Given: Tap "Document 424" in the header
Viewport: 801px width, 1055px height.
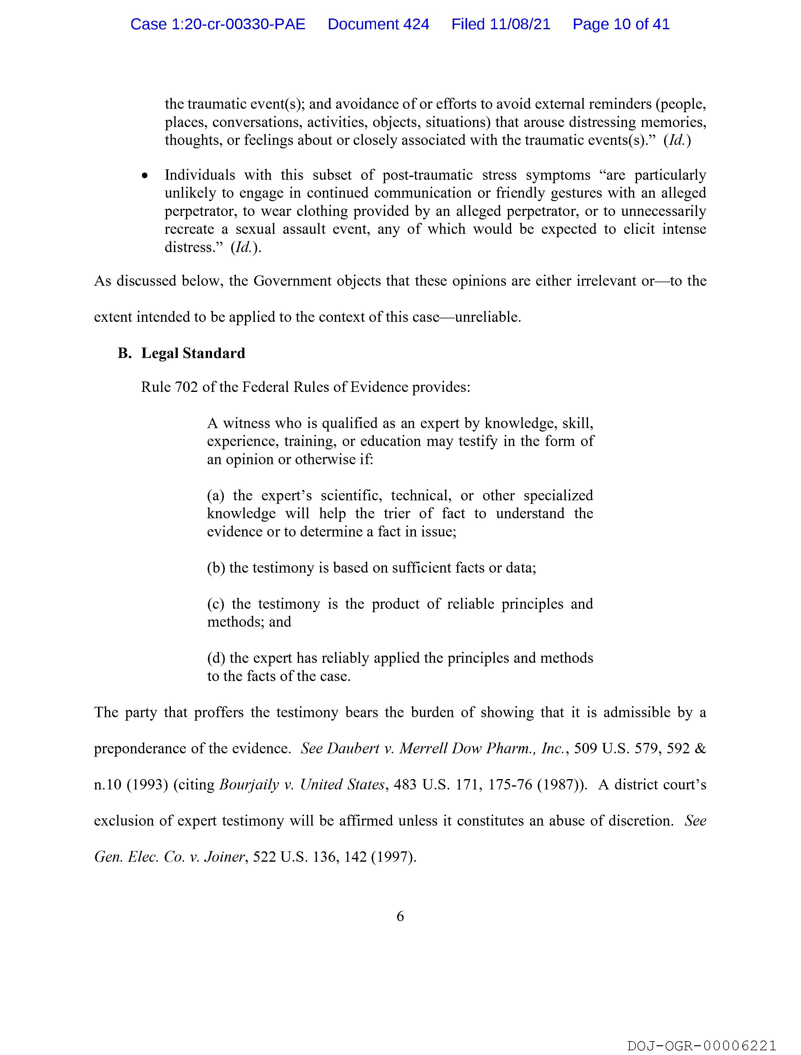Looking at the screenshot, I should [378, 24].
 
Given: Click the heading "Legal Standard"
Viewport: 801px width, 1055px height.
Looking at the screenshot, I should [193, 354].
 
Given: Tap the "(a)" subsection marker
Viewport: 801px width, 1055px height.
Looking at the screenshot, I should [215, 496].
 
